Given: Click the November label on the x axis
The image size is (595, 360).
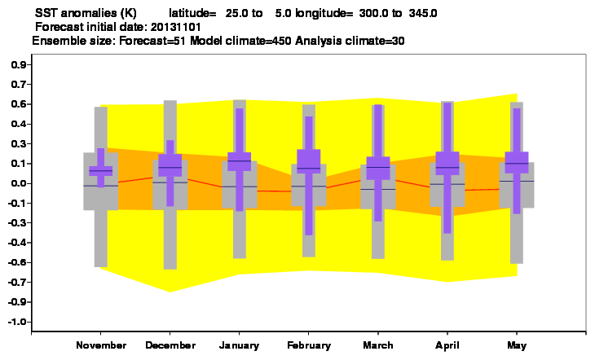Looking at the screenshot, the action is coord(101,345).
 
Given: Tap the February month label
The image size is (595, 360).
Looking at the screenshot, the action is coord(309,345).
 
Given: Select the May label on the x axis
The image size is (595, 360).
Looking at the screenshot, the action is coord(517,345).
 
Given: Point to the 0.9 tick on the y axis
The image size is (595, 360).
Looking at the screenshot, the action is coord(19,65).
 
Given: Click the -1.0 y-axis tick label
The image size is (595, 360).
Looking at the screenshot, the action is coord(17,322).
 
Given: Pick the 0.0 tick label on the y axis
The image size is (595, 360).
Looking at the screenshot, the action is coord(19,183).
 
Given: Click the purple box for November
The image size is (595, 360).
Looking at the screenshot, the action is coord(101,171).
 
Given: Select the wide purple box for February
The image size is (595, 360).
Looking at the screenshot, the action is coord(309,161).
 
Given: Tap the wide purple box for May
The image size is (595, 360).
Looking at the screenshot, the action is coord(517,162).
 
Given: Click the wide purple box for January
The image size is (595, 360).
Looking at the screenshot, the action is coord(239,161).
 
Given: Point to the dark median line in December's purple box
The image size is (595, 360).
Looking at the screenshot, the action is coord(170,167).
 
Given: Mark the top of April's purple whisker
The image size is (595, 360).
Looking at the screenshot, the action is coord(447,103).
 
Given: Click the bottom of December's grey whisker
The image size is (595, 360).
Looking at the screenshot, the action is coord(170,269).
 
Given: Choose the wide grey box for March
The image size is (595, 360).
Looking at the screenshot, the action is coord(378,187).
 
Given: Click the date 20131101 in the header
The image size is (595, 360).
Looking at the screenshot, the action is coord(176,28).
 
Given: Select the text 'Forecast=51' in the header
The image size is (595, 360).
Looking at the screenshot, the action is coord(152,41).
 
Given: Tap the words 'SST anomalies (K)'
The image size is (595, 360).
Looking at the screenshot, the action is coord(86,13).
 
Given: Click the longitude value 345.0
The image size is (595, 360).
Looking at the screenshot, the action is coord(423,13).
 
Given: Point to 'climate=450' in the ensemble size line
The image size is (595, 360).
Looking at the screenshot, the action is coord(258,41).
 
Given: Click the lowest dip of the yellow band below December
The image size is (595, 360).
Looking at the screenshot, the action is coord(170,292).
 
